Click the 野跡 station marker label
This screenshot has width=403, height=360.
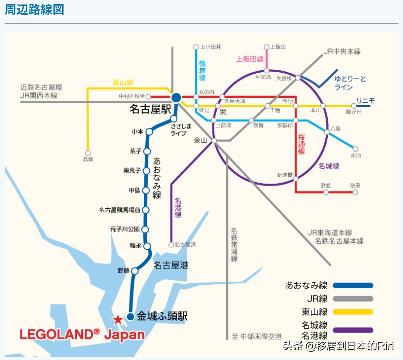(123, 270)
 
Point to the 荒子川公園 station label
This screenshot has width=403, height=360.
(125, 229)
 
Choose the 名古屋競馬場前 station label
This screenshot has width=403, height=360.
(120, 210)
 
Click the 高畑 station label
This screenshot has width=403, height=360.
(88, 159)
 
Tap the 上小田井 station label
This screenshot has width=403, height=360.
(210, 47)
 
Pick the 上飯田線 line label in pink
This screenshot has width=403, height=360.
(250, 59)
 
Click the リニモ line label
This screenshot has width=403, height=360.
(365, 101)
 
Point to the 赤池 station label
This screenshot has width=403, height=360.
(355, 156)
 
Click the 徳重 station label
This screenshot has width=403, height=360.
(355, 186)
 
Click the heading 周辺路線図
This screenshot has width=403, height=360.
(34, 10)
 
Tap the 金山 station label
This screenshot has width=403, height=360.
(200, 140)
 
